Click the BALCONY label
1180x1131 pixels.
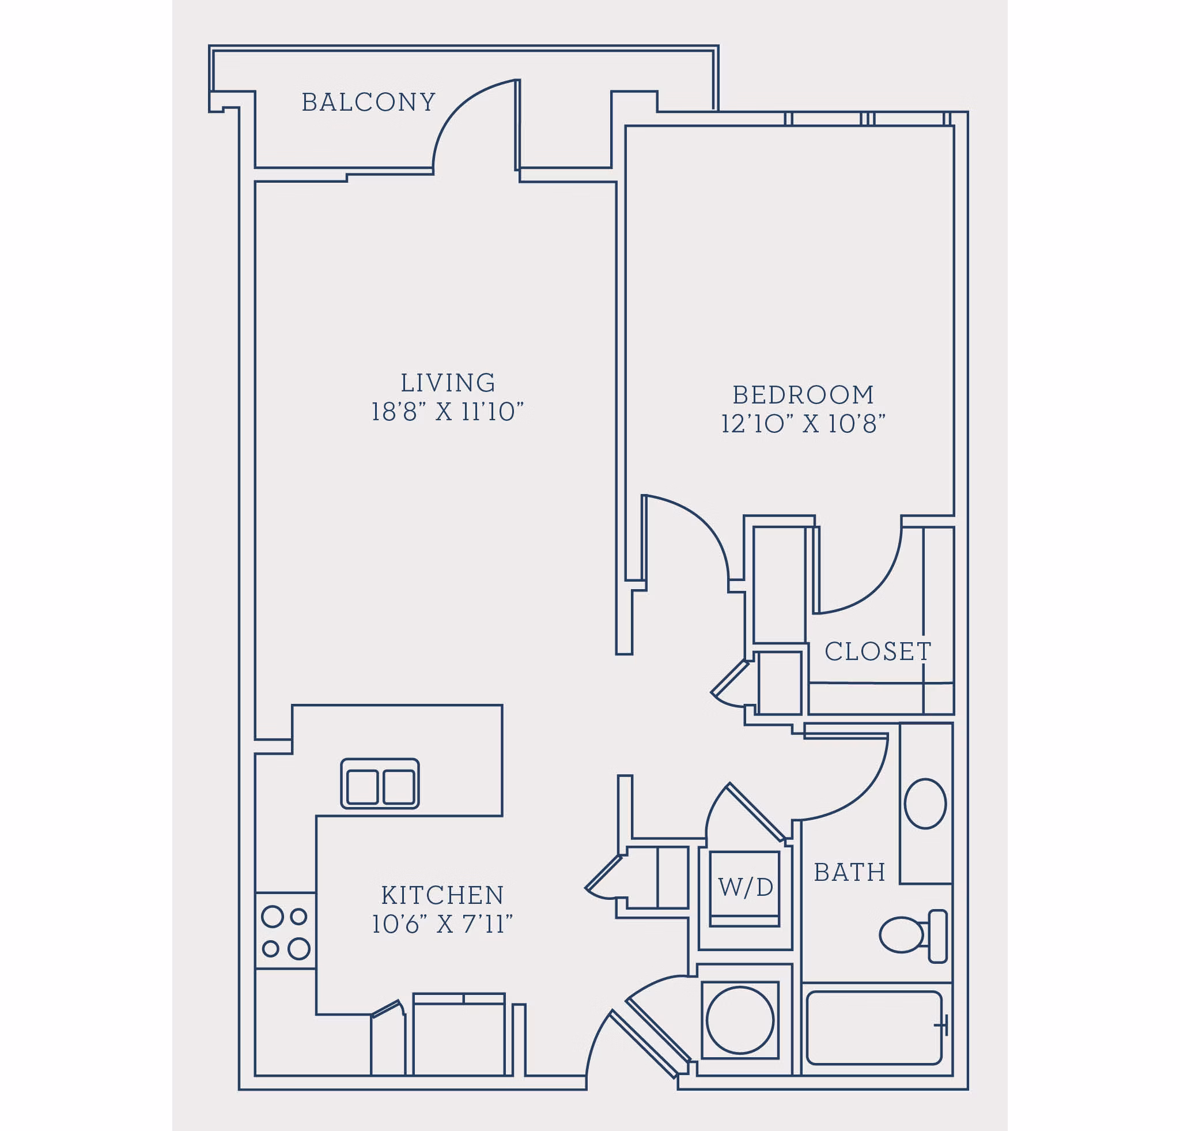368,103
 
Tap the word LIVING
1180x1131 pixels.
448,383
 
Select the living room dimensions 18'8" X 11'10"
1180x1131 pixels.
447,413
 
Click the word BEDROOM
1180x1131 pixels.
803,395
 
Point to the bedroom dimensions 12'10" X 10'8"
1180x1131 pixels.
803,424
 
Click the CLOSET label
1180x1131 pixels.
877,651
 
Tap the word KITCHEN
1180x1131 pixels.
442,896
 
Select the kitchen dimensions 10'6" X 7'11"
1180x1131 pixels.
442,925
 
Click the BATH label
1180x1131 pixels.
849,873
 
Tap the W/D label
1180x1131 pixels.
746,888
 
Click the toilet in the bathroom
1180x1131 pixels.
912,935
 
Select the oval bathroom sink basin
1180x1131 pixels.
925,804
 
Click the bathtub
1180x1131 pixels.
873,1028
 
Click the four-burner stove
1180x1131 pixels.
285,932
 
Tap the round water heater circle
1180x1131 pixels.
740,1020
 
